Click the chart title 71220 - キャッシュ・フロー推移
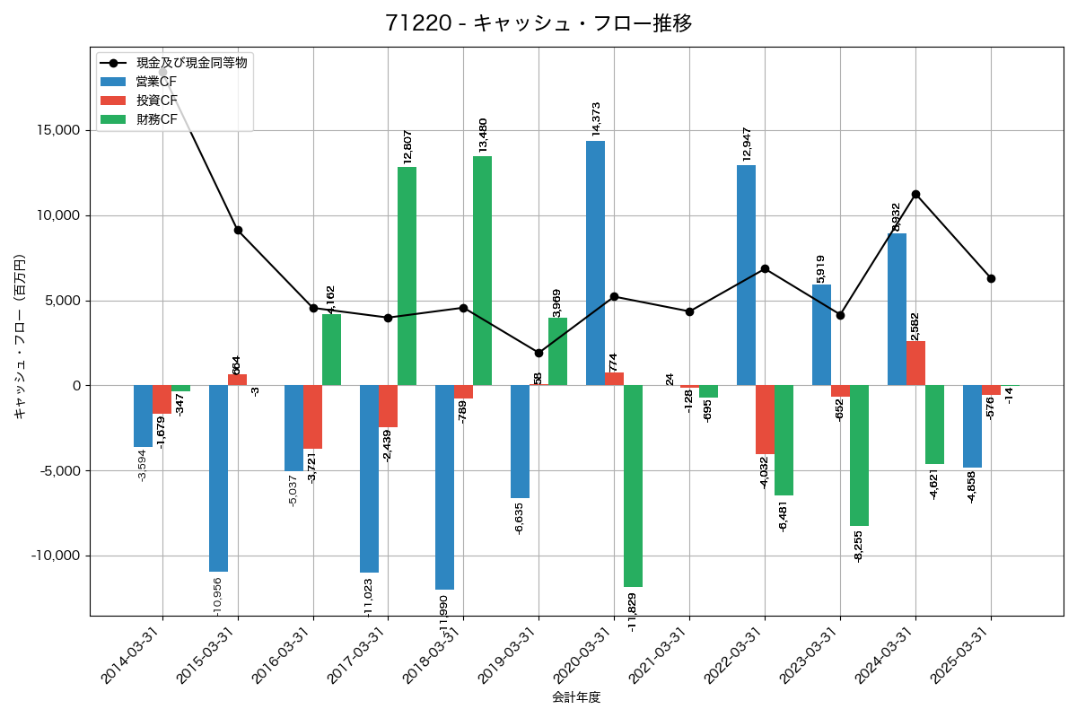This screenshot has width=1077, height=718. pyautogui.click(x=538, y=23)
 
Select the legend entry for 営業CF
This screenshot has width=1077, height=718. pyautogui.click(x=156, y=82)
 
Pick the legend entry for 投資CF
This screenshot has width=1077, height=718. pyautogui.click(x=156, y=100)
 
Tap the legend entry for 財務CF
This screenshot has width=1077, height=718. pyautogui.click(x=156, y=118)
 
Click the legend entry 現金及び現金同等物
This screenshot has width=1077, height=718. pyautogui.click(x=191, y=63)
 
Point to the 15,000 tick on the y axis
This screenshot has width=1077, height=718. pyautogui.click(x=55, y=131)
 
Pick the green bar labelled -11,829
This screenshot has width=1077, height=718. pyautogui.click(x=633, y=486)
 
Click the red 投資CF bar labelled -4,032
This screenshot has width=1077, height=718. pyautogui.click(x=765, y=419)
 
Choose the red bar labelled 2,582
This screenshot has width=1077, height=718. pyautogui.click(x=915, y=363)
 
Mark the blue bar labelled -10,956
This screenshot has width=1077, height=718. pyautogui.click(x=218, y=478)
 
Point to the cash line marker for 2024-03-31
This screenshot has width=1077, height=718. pyautogui.click(x=915, y=194)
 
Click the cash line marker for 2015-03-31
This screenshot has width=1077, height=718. pyautogui.click(x=238, y=230)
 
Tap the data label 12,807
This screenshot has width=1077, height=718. pyautogui.click(x=407, y=145)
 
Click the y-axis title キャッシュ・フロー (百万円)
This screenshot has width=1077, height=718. pyautogui.click(x=20, y=337)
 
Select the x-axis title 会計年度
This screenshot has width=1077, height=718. pyautogui.click(x=575, y=697)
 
